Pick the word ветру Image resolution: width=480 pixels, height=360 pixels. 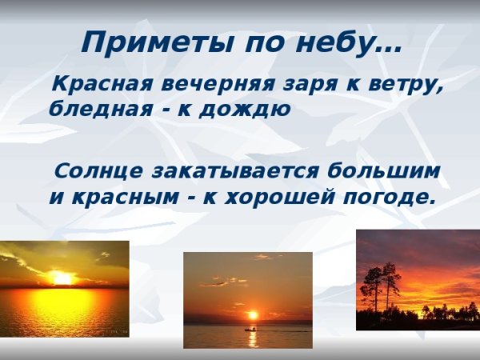point(405,86)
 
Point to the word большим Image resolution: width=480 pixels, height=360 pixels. point(385,171)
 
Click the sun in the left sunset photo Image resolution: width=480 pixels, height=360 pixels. point(62,279)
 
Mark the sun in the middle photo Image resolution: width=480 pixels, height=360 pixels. point(253,315)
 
